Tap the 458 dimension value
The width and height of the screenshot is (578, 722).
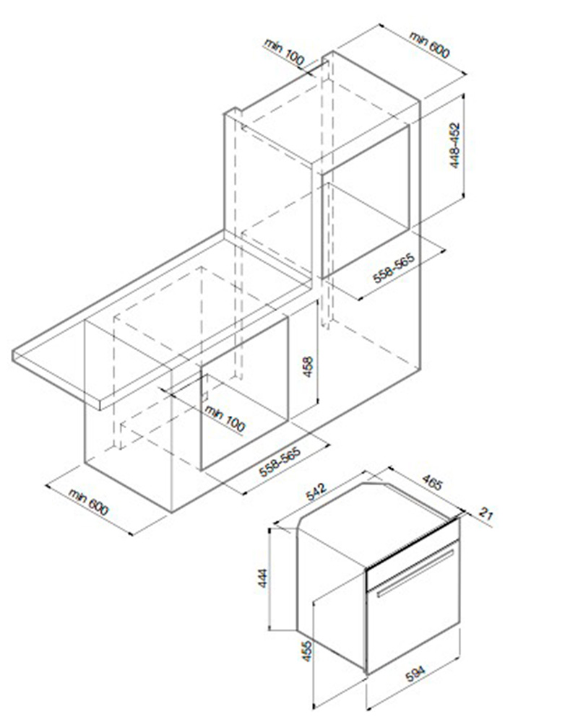coord(308,367)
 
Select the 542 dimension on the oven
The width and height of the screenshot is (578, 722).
coord(316,492)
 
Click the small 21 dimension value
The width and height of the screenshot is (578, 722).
coord(486,513)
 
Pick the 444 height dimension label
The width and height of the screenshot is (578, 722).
coord(262,578)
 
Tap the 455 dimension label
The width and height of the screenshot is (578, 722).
coord(306,651)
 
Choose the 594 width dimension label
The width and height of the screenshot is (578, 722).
coord(415,674)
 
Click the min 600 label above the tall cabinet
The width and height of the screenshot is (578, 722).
coord(429,45)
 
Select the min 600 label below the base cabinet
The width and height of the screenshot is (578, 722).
coord(89,502)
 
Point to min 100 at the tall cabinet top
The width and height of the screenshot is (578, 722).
coord(285,51)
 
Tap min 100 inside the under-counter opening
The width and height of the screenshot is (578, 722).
coord(225,418)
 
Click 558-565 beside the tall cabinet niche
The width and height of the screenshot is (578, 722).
coord(394,269)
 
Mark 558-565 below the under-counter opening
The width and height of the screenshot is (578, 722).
coord(280,461)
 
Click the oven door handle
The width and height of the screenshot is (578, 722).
coord(415,574)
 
